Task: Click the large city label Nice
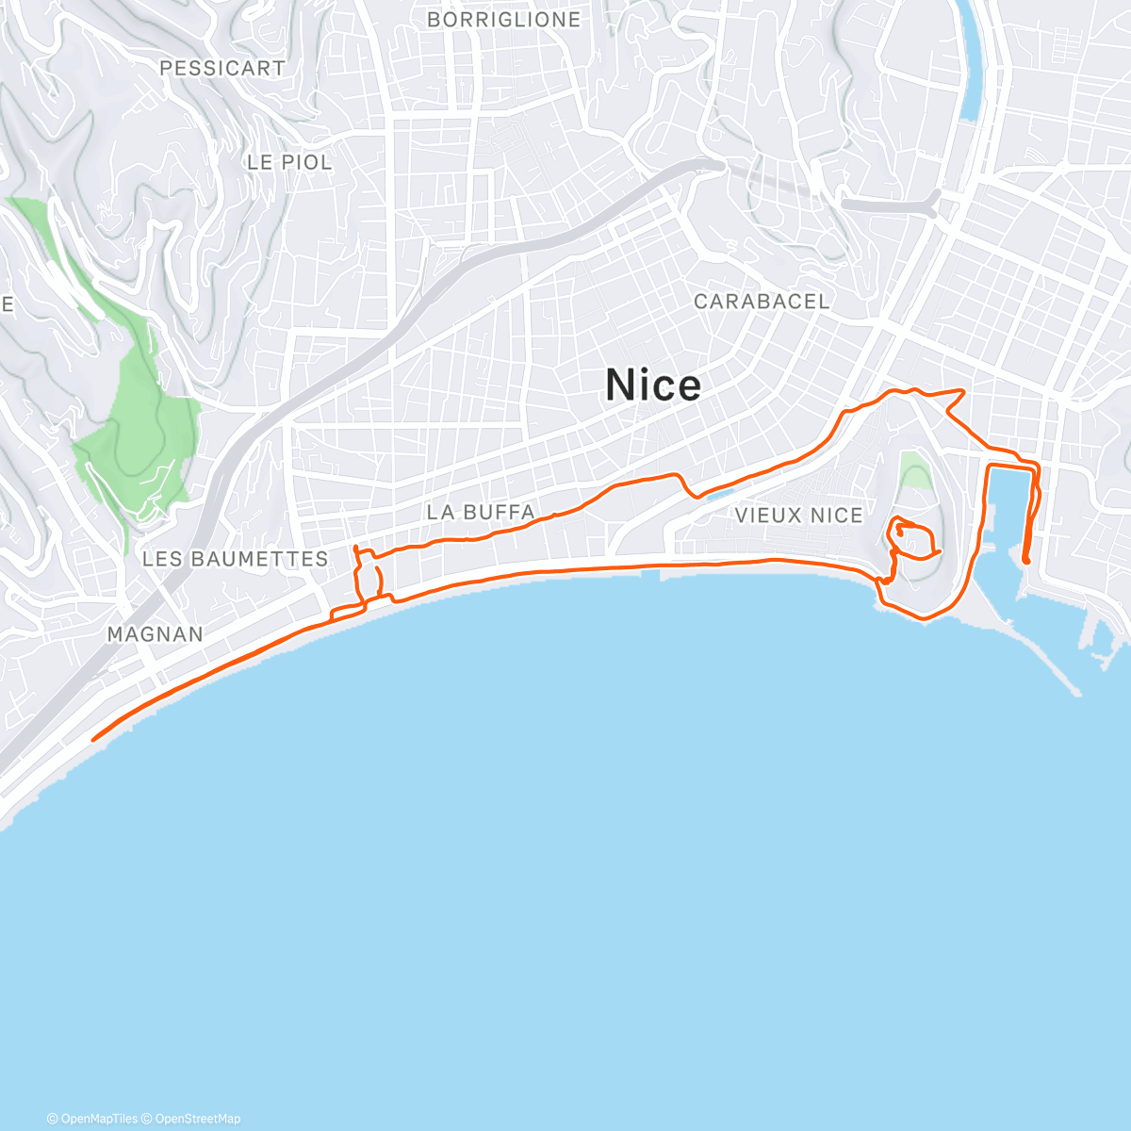pyautogui.click(x=653, y=385)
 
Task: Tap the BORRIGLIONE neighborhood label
pyautogui.click(x=503, y=20)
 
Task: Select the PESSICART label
pyautogui.click(x=221, y=68)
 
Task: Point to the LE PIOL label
pyautogui.click(x=289, y=162)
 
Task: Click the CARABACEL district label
pyautogui.click(x=762, y=302)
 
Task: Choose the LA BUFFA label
pyautogui.click(x=481, y=513)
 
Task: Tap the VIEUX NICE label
pyautogui.click(x=798, y=516)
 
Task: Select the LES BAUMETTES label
pyautogui.click(x=235, y=559)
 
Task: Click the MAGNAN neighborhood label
pyautogui.click(x=156, y=634)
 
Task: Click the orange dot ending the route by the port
pyautogui.click(x=1025, y=561)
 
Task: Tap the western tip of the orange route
pyautogui.click(x=93, y=739)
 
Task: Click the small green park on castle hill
pyautogui.click(x=913, y=469)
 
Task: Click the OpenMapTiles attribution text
pyautogui.click(x=92, y=1119)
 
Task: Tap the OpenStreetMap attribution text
pyautogui.click(x=197, y=1119)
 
